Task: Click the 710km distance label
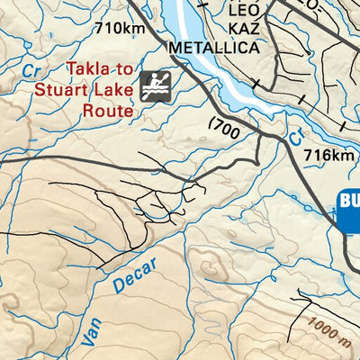[x=121, y=28]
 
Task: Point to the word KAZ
[x=242, y=29]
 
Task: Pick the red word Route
[x=107, y=110]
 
